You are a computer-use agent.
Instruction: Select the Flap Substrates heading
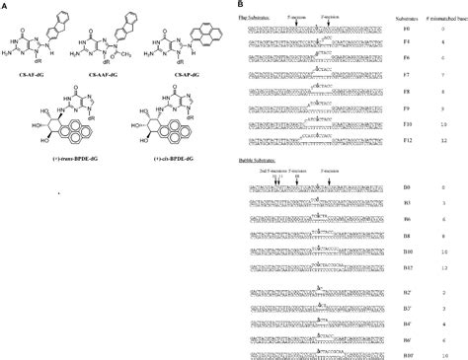[x=259, y=17]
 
